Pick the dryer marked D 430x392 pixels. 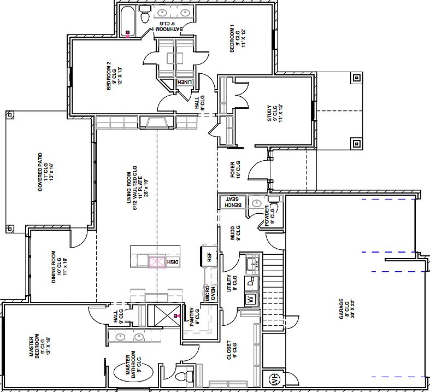point(251,283)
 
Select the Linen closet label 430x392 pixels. point(185,82)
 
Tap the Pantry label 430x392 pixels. point(195,318)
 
